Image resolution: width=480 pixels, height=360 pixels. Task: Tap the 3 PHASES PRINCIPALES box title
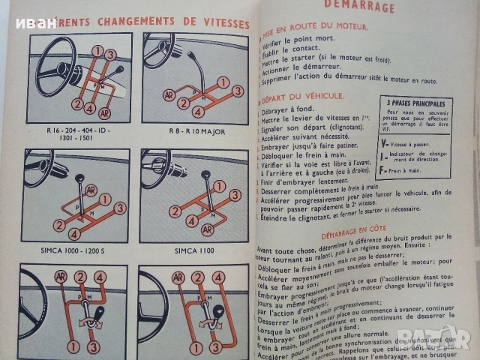[x=416, y=103]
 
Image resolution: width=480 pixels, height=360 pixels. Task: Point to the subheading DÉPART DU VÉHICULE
[x=304, y=96]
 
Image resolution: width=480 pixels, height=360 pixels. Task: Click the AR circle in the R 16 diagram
[x=104, y=113]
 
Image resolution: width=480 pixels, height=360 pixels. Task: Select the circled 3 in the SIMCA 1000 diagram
[x=118, y=208]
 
